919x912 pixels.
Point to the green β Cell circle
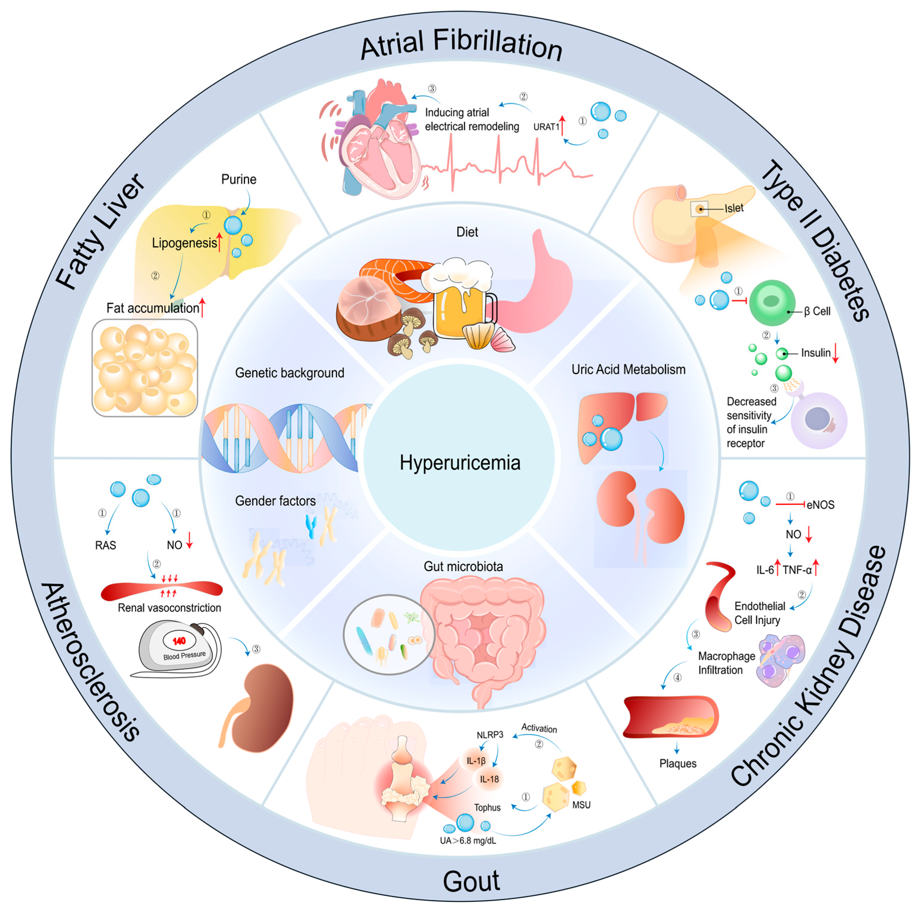click(x=772, y=302)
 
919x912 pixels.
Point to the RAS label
click(x=105, y=545)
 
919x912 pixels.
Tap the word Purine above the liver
click(x=238, y=179)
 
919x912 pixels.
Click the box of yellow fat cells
click(x=144, y=368)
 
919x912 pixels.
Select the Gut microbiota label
click(x=463, y=567)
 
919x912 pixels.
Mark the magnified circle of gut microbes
click(x=389, y=634)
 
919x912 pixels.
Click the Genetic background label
click(x=289, y=373)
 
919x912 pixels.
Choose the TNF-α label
click(x=797, y=570)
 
